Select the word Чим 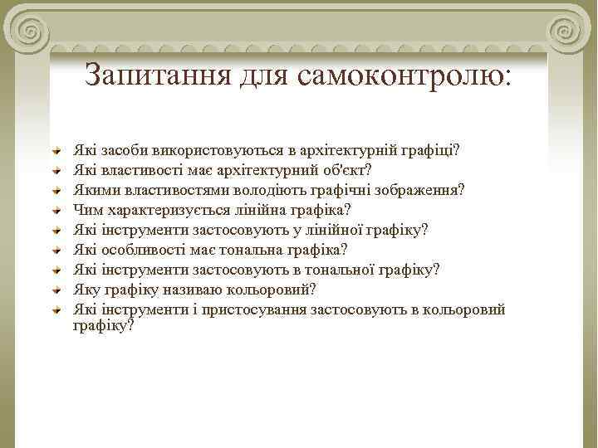(x=87, y=209)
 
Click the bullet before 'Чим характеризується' (x=56, y=210)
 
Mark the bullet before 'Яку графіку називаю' (x=56, y=290)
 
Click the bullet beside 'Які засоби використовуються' (x=56, y=151)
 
